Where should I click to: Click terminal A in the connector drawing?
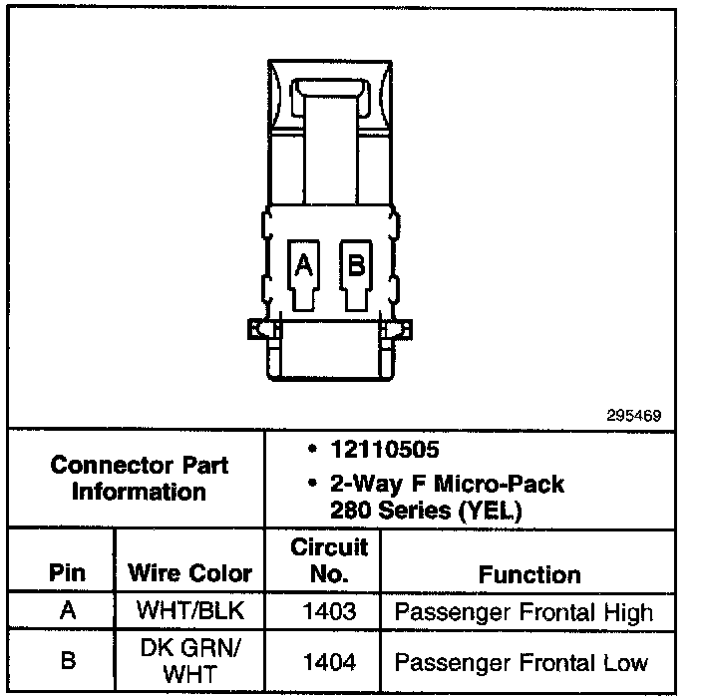304,266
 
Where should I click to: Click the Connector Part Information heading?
139,479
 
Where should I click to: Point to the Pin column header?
67,574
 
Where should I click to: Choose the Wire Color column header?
189,574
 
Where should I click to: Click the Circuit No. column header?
328,560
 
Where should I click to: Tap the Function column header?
529,574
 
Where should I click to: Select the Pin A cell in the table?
67,610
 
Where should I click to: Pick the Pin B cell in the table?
67,661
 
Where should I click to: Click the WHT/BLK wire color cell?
189,610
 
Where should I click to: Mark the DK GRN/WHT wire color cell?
189,661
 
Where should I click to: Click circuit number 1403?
328,611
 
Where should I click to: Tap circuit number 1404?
328,661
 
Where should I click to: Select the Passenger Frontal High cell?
524,611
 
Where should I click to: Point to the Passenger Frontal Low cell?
522,661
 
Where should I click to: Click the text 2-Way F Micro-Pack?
447,486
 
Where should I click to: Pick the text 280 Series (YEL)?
423,512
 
